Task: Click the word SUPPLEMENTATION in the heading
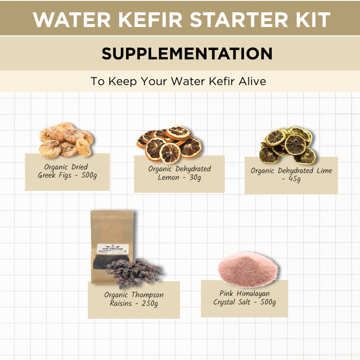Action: (x=187, y=54)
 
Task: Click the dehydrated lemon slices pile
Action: (x=170, y=144)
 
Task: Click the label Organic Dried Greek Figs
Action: (x=67, y=171)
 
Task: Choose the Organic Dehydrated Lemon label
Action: (x=179, y=173)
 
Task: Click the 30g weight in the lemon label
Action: (x=194, y=178)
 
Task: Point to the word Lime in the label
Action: (x=323, y=171)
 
